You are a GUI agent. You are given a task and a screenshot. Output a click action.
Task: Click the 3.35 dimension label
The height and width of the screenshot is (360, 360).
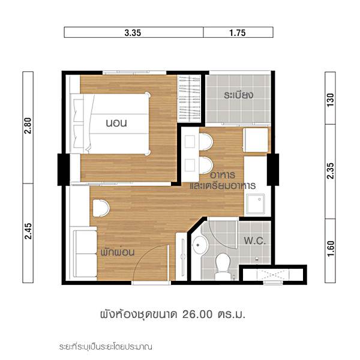133,33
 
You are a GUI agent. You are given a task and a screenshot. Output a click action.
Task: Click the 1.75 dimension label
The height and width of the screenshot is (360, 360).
238,33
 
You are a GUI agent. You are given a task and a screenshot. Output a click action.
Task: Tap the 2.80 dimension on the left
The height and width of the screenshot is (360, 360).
28,125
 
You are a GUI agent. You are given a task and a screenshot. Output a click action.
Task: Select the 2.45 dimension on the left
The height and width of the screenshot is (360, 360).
28,231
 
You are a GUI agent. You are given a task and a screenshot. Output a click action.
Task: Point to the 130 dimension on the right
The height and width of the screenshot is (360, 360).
330,100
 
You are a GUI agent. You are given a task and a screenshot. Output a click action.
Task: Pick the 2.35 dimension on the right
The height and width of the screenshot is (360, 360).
330,171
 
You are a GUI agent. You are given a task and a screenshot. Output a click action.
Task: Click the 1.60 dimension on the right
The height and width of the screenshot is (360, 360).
330,248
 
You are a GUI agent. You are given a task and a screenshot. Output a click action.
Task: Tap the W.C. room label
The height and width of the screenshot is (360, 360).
254,241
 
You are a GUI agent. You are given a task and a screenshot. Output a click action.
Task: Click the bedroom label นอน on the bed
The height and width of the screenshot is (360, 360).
116,123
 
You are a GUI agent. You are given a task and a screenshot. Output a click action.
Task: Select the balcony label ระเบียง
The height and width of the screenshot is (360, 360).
239,95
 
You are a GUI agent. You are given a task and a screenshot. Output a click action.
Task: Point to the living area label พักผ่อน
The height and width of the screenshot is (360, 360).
118,253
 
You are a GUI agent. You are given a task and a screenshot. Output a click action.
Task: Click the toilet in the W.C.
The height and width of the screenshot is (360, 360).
223,266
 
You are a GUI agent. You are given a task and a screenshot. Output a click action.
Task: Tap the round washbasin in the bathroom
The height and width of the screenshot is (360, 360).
199,245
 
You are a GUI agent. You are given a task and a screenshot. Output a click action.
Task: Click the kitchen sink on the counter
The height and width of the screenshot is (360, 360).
256,204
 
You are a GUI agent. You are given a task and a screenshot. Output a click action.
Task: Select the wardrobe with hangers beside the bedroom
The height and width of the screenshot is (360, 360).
190,99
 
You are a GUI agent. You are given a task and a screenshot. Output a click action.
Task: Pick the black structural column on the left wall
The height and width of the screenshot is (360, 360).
64,170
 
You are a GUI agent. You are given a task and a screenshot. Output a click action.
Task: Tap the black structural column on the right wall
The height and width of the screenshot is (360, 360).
273,170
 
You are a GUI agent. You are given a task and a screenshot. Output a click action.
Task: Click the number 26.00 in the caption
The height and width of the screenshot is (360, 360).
197,314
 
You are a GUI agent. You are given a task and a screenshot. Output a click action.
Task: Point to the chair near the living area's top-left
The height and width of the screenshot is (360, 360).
101,208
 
